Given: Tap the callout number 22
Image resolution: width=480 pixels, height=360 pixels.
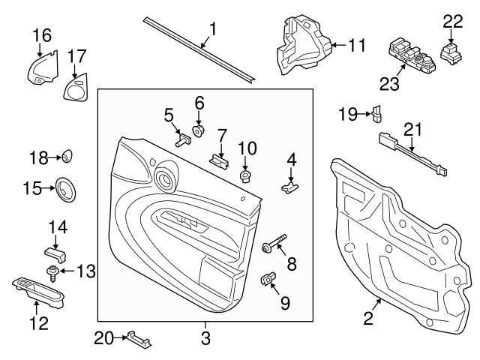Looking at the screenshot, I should point(452,22).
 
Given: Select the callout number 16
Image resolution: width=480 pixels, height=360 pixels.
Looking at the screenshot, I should point(42,34).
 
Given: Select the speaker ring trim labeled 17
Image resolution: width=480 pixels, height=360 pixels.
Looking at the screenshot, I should point(75,91).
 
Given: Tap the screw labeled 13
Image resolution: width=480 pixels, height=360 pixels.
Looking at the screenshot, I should point(54,271).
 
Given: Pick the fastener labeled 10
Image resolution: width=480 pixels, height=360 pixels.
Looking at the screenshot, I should point(245,176).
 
